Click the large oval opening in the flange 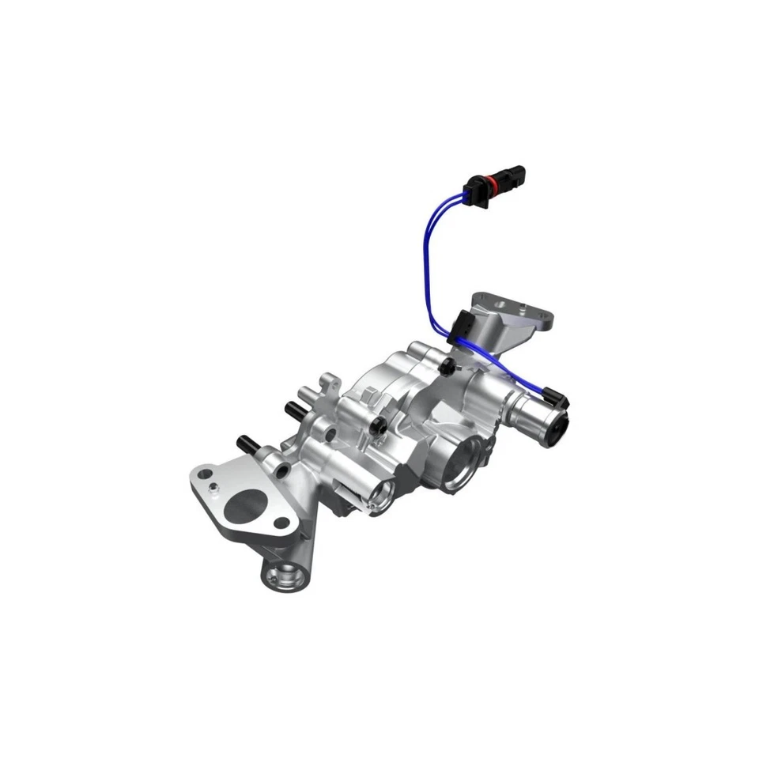pos(246,506)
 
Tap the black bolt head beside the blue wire pos(449,365)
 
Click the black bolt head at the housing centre pos(383,426)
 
